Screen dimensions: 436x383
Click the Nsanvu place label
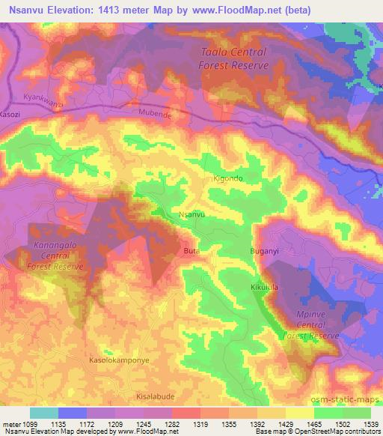pyautogui.click(x=193, y=215)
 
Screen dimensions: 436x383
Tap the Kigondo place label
pyautogui.click(x=227, y=178)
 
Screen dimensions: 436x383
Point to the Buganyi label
pyautogui.click(x=263, y=252)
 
